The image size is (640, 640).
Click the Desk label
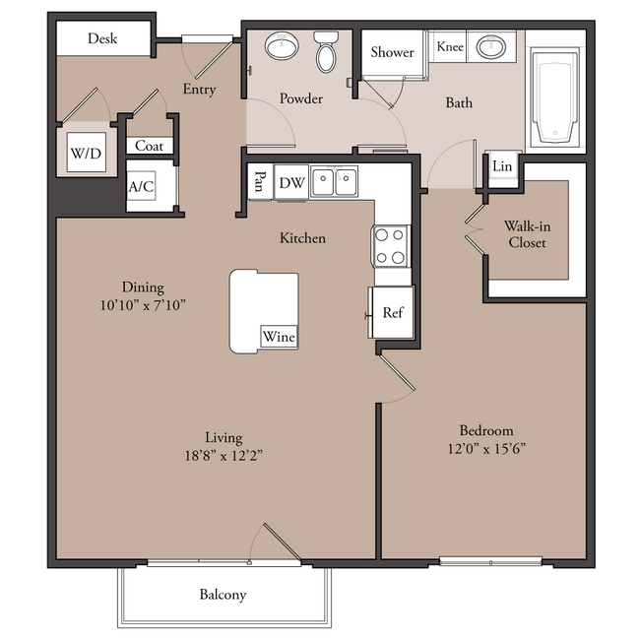102,38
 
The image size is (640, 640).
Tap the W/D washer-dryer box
87,153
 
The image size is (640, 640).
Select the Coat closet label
149,146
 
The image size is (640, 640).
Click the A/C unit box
141,186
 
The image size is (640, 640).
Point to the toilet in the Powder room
326,51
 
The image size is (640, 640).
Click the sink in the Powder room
282,45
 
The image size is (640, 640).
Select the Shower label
392,52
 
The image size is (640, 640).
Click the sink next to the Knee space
491,46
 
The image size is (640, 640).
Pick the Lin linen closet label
502,166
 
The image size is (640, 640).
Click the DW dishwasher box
291,182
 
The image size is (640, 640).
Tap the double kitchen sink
335,181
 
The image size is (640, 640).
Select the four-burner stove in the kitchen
391,246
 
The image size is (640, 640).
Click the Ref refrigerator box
394,312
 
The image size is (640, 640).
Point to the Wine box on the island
280,337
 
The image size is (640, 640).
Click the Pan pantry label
259,181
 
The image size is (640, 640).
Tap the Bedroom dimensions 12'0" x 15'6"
486,449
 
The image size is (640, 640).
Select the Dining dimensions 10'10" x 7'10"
143,305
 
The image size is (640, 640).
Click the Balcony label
223,595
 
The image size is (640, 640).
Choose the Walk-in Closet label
528,234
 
